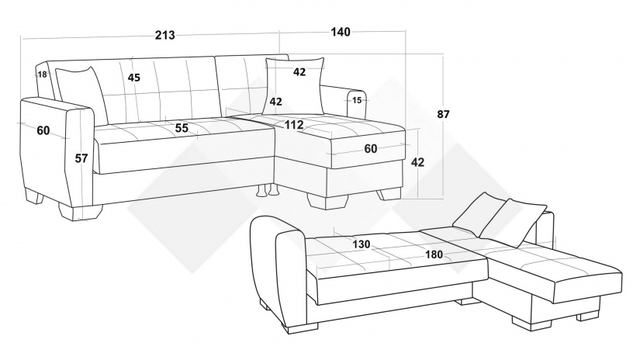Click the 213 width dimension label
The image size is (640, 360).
(x=165, y=36)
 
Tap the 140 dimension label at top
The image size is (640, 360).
(x=341, y=32)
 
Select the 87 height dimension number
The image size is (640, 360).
(x=443, y=114)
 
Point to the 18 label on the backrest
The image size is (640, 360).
(x=42, y=74)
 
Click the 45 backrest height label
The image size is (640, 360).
(x=134, y=77)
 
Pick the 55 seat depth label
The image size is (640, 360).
(x=182, y=128)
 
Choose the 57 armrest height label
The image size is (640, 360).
(x=81, y=158)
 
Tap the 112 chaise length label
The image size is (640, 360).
(x=294, y=125)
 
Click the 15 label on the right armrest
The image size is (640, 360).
(x=357, y=100)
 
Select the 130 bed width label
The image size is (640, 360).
(x=362, y=244)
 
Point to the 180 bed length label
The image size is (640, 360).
(x=434, y=254)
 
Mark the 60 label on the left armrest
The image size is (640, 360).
(x=43, y=130)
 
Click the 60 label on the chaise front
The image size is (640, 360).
(x=371, y=149)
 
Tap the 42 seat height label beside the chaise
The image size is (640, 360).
(x=417, y=162)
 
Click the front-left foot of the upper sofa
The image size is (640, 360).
(x=80, y=212)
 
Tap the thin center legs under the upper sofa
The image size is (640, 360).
(x=267, y=191)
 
